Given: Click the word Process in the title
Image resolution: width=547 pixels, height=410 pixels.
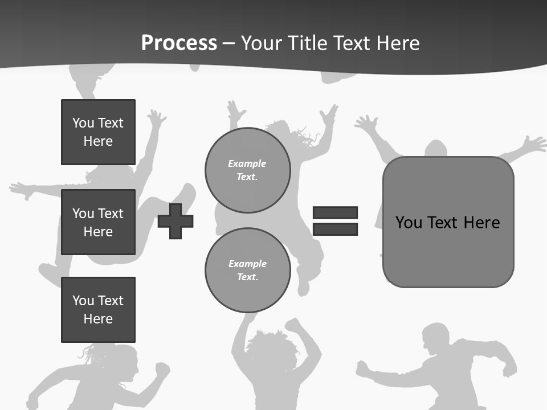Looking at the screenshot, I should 179,43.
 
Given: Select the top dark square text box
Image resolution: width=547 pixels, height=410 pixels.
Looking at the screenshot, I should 98,132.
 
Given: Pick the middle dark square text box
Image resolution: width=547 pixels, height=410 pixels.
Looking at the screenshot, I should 98,222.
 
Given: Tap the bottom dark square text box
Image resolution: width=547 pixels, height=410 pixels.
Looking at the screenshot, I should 98,310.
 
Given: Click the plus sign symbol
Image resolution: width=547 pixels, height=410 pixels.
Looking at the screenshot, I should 175,221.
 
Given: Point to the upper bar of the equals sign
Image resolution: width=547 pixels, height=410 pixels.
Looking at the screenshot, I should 335,213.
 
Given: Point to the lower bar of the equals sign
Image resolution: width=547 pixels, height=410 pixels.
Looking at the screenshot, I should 335,229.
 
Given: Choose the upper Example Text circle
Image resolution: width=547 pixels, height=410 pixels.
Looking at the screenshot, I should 247,170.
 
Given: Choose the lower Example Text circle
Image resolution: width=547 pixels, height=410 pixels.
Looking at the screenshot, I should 247,270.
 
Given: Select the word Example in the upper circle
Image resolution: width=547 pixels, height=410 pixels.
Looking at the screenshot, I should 247,164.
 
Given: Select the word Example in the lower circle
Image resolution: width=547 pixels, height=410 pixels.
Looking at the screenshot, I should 247,264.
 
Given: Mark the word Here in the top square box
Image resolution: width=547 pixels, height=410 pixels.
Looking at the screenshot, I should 98,141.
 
